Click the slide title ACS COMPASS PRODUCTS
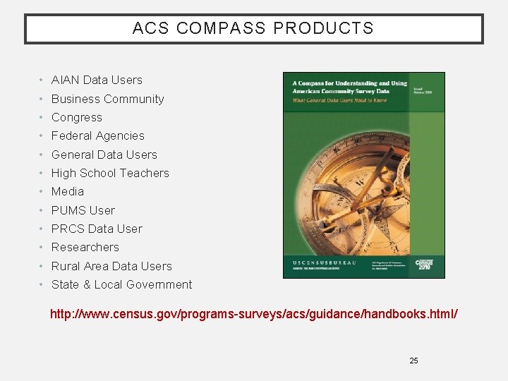253,29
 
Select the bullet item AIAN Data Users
97,80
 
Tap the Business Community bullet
107,99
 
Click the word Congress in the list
76,118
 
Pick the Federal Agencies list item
97,136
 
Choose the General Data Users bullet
104,155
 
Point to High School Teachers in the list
110,174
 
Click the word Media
67,192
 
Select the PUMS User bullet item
83,210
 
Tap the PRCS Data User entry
97,229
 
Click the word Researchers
85,248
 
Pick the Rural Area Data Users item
111,267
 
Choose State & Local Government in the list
121,285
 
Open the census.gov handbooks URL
253,313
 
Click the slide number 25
413,361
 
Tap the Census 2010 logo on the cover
424,265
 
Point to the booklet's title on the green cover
349,87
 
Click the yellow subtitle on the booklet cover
339,100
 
